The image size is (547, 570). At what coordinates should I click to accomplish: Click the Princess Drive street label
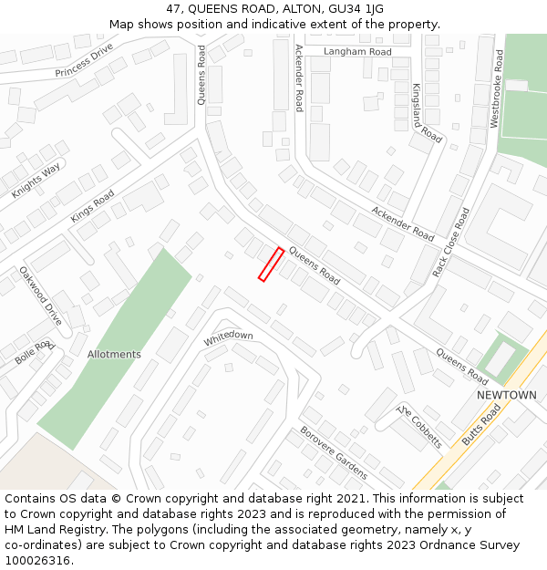point(84,60)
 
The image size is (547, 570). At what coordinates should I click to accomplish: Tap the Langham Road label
point(357,52)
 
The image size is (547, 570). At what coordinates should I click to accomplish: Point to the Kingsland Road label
point(427,113)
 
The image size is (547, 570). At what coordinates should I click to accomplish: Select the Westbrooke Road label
point(497,88)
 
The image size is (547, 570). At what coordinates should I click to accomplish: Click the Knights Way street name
point(36,181)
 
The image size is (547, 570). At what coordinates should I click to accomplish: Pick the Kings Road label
point(92,206)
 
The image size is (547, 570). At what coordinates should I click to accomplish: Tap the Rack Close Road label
point(452,242)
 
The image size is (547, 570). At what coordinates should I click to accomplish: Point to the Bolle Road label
point(35,353)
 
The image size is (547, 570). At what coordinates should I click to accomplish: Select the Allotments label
point(114,354)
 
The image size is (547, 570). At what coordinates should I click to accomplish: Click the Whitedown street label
point(228,337)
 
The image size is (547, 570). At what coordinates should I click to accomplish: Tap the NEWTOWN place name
point(507,395)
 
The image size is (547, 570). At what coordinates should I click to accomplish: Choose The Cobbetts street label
point(420,427)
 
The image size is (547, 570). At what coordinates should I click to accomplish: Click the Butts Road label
point(481,424)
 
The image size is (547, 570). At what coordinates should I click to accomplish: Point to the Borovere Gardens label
point(333,452)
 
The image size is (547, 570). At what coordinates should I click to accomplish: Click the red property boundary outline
point(271,264)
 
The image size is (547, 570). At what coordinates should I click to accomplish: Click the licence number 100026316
point(38,561)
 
